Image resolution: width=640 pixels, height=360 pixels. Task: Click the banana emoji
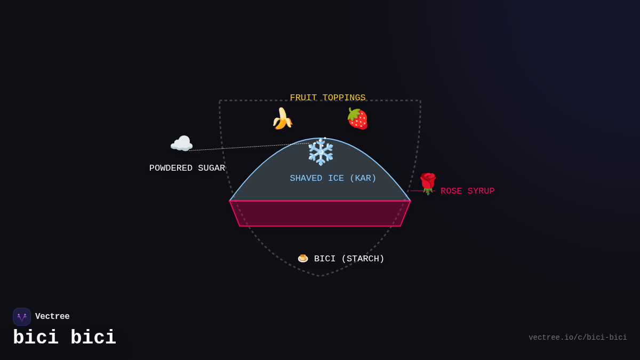pos(282,118)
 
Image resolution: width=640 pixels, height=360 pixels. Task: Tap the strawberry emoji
pos(357,119)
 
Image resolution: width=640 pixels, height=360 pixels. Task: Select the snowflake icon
pos(321,152)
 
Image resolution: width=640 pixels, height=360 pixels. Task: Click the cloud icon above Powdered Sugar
pos(181,143)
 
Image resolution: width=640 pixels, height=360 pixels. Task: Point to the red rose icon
pos(428,183)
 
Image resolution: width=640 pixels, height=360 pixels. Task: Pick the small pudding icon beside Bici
pos(303,258)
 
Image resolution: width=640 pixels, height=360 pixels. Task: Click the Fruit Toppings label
pos(327,98)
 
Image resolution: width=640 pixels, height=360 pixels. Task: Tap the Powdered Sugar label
pos(187,168)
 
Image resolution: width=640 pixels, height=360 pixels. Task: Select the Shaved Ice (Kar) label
pos(333,178)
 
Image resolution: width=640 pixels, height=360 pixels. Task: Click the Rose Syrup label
pos(467,191)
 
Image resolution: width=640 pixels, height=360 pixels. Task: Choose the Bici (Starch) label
pos(349,259)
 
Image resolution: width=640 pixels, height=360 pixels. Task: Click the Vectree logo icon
pos(22,317)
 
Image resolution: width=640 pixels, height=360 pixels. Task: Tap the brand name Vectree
pos(52,317)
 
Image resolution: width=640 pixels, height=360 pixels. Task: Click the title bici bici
pos(65,338)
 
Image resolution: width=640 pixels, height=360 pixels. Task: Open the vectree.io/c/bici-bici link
pos(578,338)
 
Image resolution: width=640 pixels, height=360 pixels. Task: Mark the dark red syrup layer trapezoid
pos(320,213)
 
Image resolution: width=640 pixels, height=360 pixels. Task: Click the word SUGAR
pos(211,168)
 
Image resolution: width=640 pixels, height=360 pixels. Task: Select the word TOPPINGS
pos(344,98)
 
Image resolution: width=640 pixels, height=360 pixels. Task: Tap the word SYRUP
pos(481,191)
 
